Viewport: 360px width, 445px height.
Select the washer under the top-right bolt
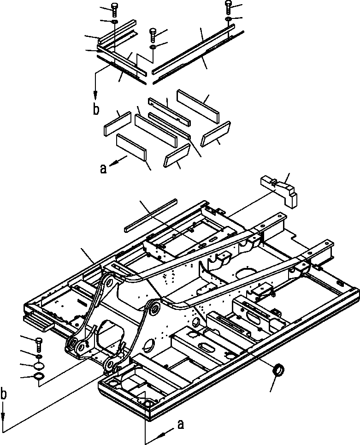click(228, 19)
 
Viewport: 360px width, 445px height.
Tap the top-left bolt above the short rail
click(114, 11)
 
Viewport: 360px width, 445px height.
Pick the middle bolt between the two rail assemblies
click(153, 35)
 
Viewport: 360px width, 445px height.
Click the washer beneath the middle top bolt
click(153, 47)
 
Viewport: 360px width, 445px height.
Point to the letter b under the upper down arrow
click(96, 110)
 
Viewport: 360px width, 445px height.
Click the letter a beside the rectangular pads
click(104, 169)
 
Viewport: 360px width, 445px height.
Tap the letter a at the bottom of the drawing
click(180, 425)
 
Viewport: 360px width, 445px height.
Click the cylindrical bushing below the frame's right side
click(278, 370)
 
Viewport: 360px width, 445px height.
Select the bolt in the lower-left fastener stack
click(39, 344)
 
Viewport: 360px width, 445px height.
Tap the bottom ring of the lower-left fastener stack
click(39, 376)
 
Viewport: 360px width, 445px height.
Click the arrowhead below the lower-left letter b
click(3, 415)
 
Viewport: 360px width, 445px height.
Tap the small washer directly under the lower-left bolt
click(39, 356)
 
